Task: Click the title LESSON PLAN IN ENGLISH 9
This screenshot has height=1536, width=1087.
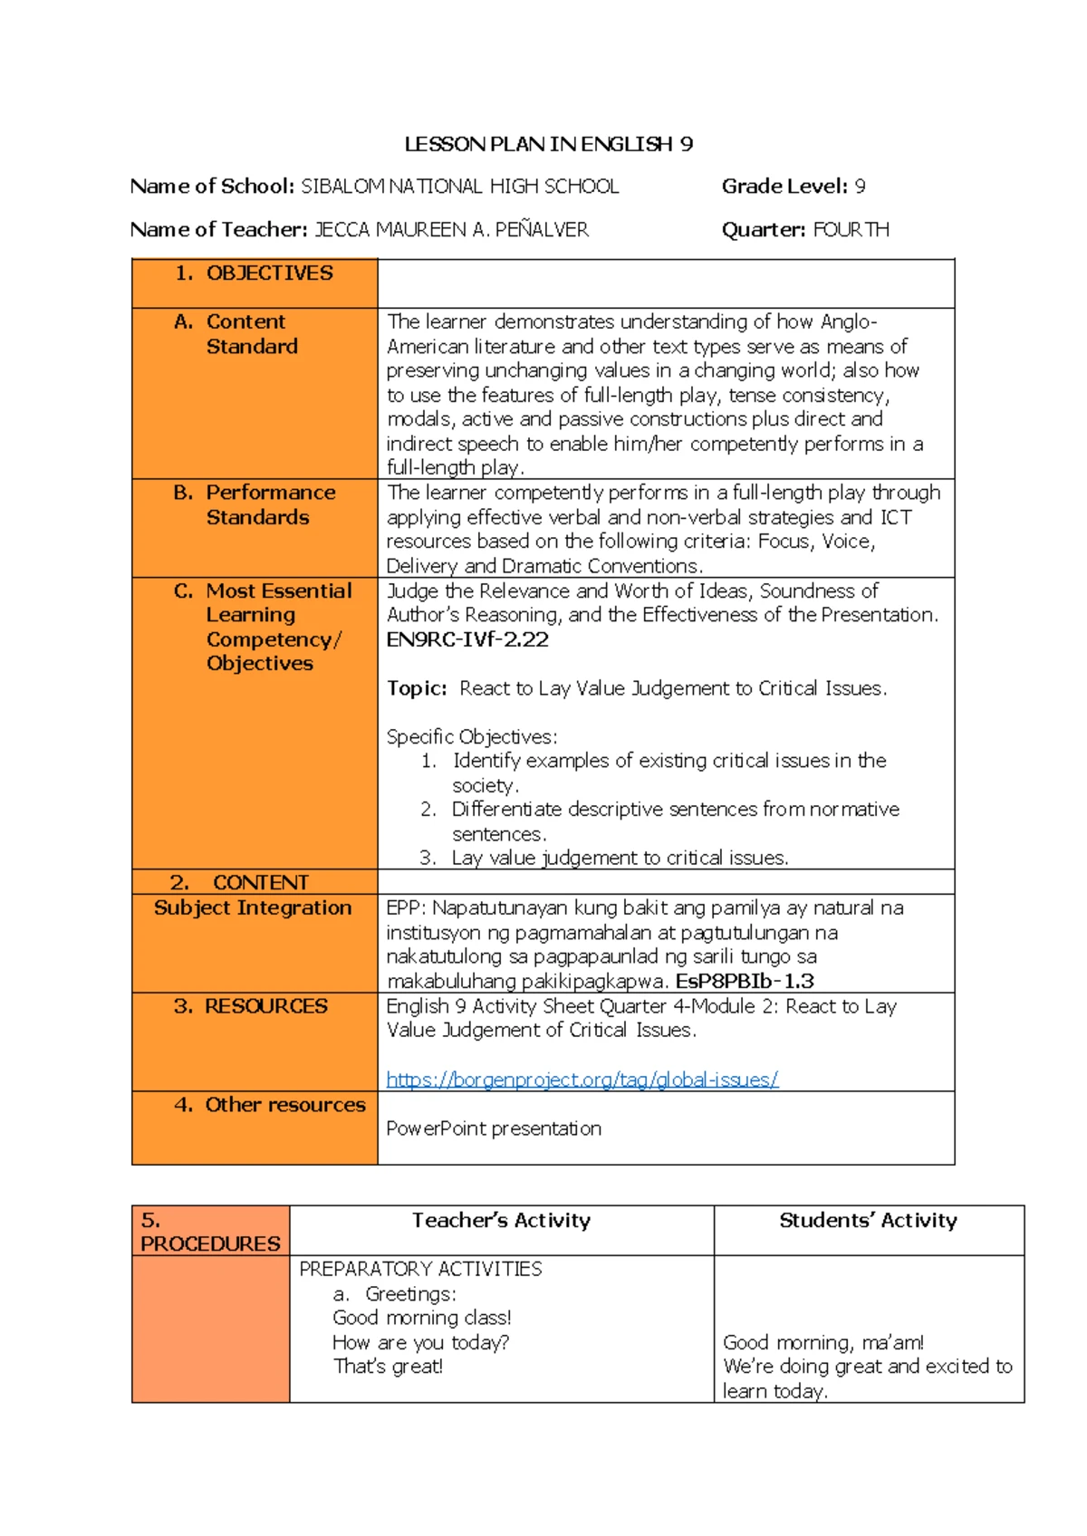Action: point(548,144)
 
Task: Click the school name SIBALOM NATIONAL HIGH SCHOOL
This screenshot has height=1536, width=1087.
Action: point(459,187)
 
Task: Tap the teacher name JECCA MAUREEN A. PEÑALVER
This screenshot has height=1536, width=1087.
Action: point(451,230)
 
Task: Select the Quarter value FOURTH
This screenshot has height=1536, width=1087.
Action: point(851,230)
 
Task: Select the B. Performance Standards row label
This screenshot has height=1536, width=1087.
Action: point(255,504)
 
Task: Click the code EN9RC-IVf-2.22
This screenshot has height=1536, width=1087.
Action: point(467,639)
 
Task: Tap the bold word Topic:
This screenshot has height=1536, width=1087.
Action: point(417,688)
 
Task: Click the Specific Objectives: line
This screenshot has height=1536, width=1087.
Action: point(472,736)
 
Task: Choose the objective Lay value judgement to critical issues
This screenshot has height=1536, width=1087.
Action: point(620,858)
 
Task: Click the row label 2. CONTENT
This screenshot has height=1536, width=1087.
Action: point(240,882)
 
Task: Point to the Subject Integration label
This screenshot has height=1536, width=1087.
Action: point(253,907)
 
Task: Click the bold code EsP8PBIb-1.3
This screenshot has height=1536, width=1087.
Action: point(745,981)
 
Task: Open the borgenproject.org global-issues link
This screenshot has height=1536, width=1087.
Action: point(582,1080)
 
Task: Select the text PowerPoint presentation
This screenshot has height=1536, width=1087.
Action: point(494,1128)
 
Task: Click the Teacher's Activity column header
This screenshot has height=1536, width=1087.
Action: point(501,1220)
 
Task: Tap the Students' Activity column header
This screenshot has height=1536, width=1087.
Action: point(868,1220)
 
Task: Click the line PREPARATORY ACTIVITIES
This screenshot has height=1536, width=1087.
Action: point(420,1269)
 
